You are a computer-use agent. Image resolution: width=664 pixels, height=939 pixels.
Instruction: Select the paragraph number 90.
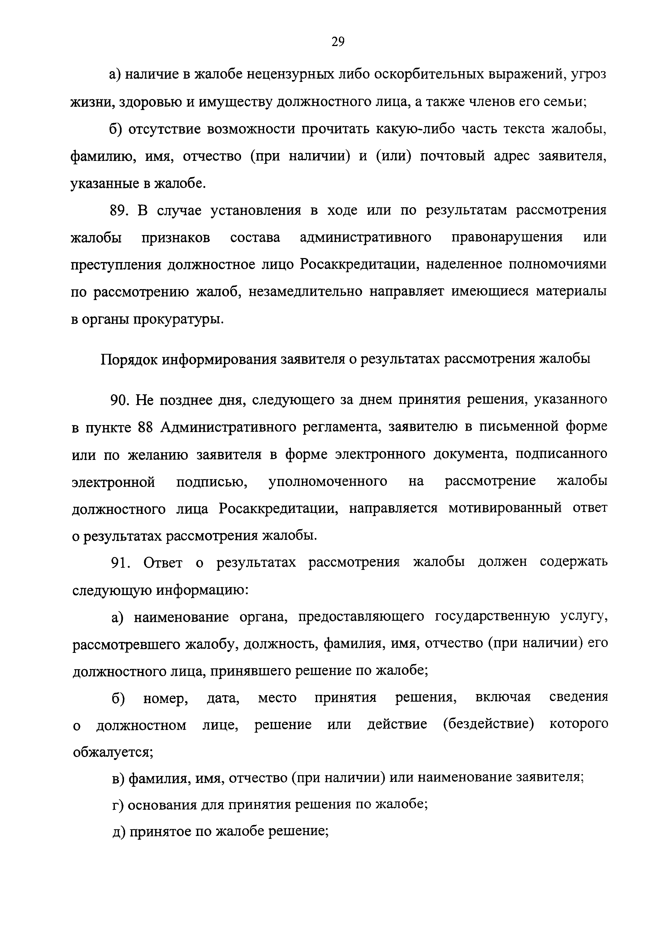coord(120,400)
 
